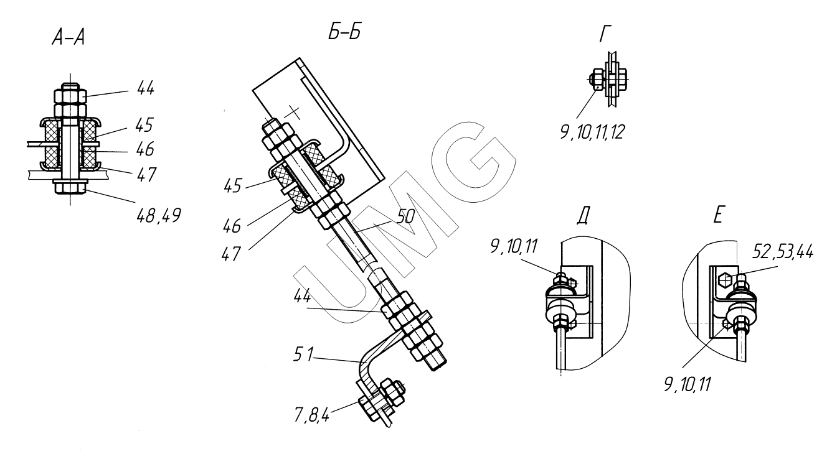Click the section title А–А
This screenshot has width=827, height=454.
69,37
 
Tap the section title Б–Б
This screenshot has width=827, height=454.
344,31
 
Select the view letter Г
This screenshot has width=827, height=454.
605,34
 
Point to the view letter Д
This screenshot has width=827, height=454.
583,215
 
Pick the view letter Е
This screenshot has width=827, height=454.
718,215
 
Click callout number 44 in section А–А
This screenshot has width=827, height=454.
146,88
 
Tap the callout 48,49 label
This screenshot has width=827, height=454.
159,215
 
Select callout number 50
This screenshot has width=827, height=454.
405,217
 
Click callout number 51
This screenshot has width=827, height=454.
303,354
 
